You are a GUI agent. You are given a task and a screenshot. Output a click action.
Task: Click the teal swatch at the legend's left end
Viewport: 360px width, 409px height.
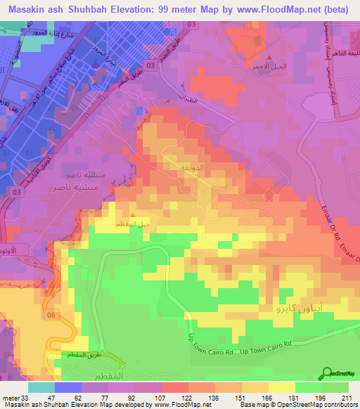41,387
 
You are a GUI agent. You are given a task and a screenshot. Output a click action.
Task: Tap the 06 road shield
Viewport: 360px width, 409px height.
50,316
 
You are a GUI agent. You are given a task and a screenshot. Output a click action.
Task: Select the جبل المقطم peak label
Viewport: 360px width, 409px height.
134,224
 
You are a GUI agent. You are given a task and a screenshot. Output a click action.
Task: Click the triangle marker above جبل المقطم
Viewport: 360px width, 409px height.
134,216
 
